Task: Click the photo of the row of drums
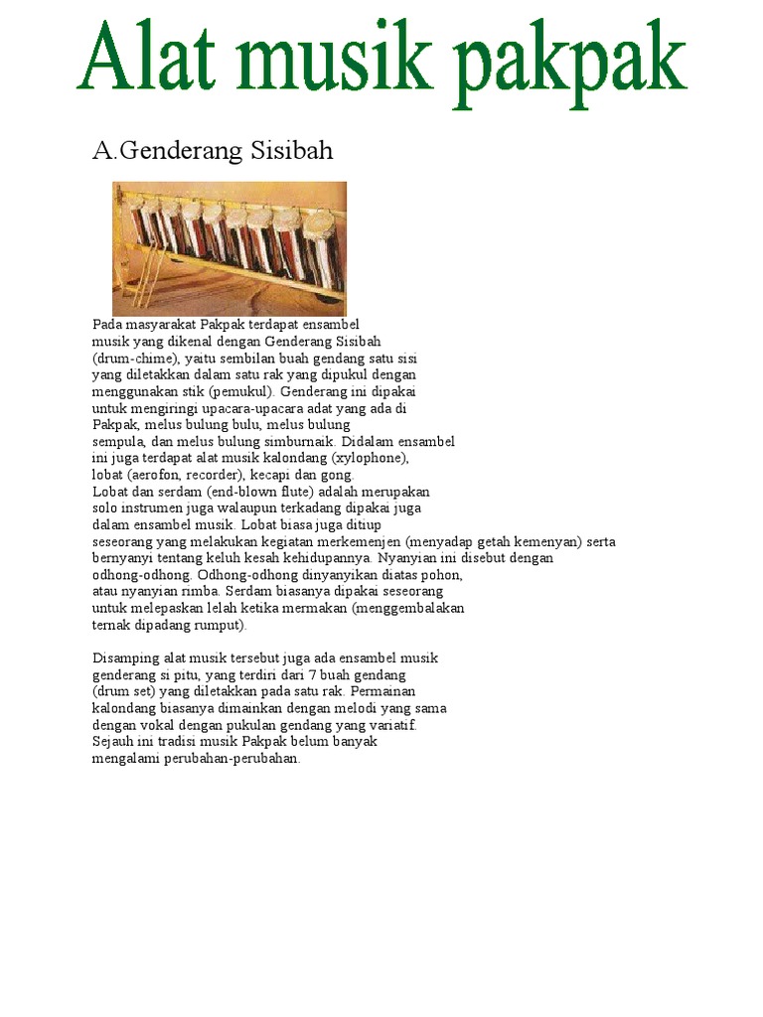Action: click(x=229, y=247)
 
